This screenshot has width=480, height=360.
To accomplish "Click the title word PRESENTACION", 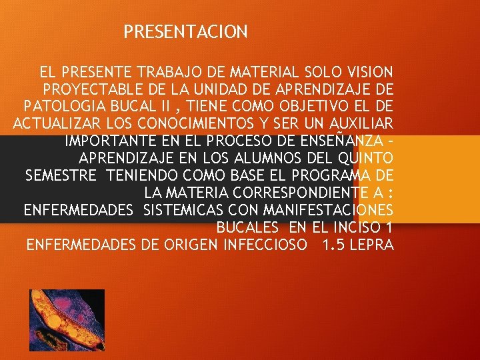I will pyautogui.click(x=186, y=31).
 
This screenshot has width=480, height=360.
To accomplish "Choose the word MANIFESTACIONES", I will pyautogui.click(x=324, y=211).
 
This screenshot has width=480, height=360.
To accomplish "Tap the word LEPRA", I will pyautogui.click(x=372, y=245).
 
